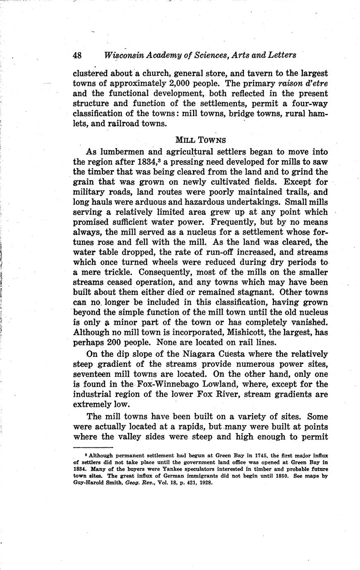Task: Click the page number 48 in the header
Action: coord(78,55)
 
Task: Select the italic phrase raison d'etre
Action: coord(304,84)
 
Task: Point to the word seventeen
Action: coord(96,374)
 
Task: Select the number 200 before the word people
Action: coord(114,342)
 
